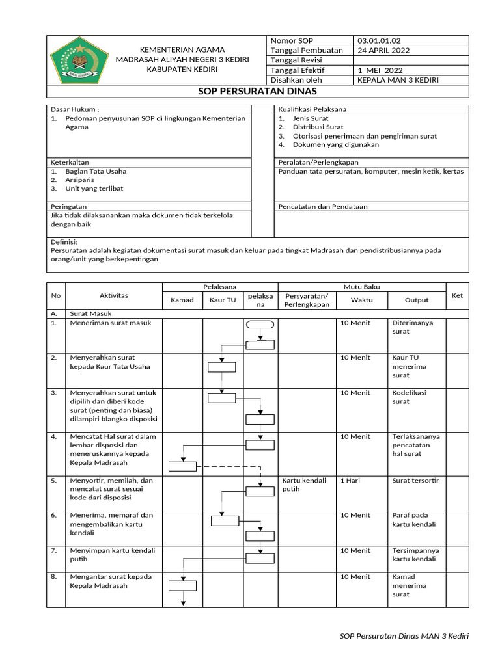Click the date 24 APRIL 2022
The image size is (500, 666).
point(383,51)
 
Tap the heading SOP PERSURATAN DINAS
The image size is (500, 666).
point(257,92)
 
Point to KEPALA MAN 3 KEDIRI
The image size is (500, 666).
point(398,80)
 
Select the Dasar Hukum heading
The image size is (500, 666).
point(75,109)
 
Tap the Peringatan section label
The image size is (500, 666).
point(69,206)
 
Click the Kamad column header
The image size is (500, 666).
point(182,300)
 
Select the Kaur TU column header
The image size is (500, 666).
point(223,300)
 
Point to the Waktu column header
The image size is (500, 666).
point(362,300)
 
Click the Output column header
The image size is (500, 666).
point(417,300)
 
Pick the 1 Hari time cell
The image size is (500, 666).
point(352,481)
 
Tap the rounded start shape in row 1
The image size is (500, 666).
point(260,324)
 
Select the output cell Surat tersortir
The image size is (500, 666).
point(415,481)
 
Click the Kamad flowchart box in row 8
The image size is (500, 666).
point(182,584)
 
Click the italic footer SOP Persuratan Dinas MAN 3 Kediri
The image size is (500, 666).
point(404,636)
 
